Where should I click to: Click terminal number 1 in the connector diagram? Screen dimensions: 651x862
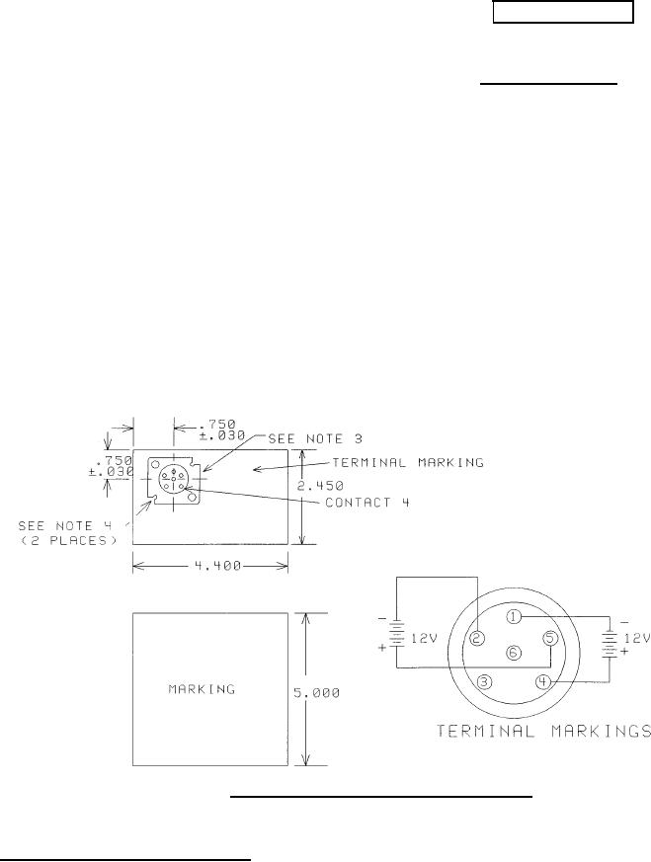[513, 617]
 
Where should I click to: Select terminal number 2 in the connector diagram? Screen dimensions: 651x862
[477, 638]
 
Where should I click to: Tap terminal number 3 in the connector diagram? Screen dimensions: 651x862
[484, 682]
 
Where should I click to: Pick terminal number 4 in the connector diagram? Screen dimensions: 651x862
[542, 682]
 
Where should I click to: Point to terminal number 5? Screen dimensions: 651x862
[550, 638]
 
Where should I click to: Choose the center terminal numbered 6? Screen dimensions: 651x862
[513, 653]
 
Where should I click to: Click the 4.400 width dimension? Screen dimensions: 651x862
[218, 566]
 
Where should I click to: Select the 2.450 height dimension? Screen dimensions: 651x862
[320, 486]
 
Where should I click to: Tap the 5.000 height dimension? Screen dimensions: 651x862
[316, 693]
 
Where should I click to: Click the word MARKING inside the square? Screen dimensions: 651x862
[202, 689]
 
